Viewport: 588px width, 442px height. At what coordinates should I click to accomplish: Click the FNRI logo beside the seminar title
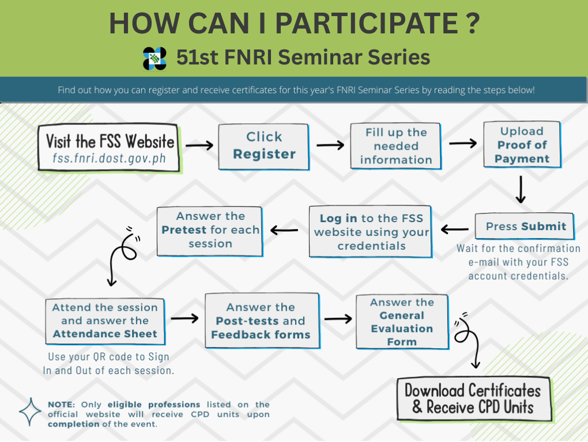[154, 58]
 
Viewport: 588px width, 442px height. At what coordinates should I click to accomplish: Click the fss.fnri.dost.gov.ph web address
[109, 158]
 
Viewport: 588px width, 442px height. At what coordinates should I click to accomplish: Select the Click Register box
[263, 147]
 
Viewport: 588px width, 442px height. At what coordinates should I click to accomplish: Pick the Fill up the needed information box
[395, 146]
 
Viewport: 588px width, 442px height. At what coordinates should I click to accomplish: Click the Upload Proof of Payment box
[522, 144]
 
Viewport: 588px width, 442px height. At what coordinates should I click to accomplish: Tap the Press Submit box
[525, 226]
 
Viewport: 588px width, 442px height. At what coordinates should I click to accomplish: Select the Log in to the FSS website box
[371, 232]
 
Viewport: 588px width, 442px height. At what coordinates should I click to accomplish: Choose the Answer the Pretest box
[210, 231]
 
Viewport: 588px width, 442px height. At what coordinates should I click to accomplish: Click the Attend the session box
[105, 321]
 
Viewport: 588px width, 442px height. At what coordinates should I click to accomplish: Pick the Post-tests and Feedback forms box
[262, 321]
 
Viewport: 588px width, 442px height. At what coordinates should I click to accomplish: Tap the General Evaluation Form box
[402, 322]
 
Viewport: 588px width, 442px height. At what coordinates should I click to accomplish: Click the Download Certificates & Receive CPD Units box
[474, 399]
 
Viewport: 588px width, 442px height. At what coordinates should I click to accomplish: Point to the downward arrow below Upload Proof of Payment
[521, 190]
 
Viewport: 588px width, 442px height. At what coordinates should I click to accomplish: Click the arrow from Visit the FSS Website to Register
[199, 145]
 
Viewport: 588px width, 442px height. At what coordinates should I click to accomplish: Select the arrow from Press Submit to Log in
[455, 229]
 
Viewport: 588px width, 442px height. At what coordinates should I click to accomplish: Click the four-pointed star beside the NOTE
[31, 412]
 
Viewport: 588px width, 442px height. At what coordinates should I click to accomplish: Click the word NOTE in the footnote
[61, 405]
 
